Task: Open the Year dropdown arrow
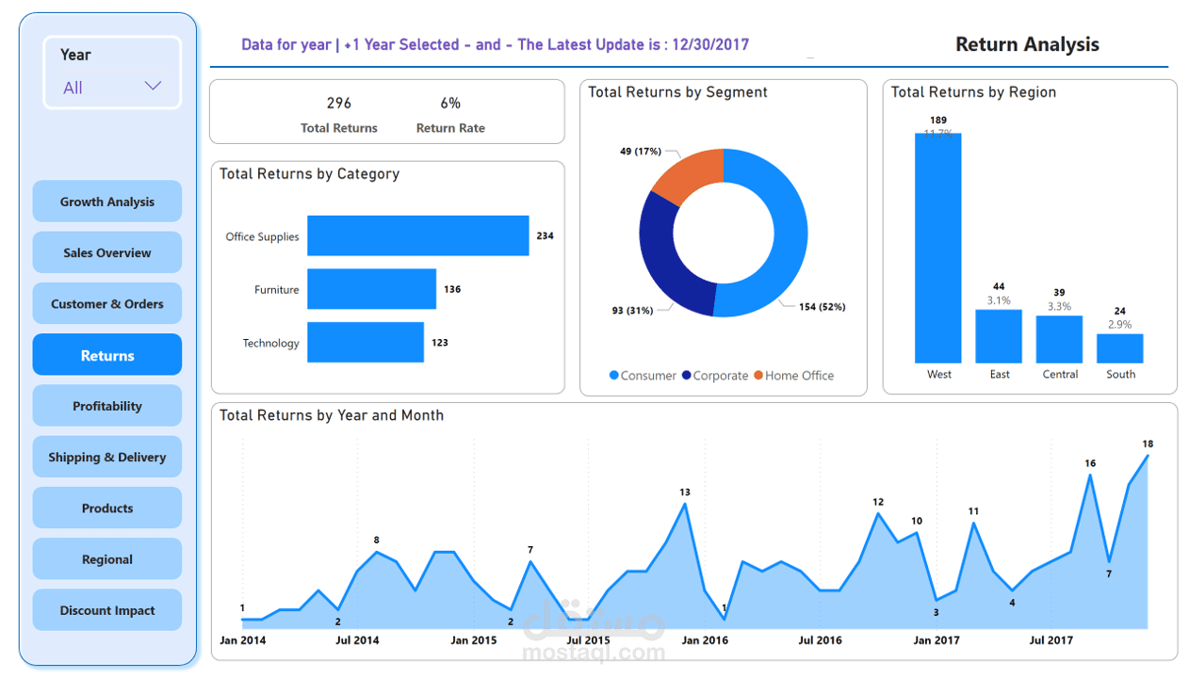(x=153, y=87)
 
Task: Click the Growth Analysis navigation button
(x=107, y=202)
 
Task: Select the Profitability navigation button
(x=107, y=406)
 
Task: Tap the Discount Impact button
(x=107, y=610)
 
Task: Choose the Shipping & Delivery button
(x=107, y=457)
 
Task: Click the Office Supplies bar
(x=417, y=235)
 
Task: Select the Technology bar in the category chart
(x=366, y=342)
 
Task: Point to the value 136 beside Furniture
(x=452, y=289)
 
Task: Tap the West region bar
(x=937, y=248)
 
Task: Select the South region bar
(x=1119, y=348)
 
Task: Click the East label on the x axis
(x=1000, y=374)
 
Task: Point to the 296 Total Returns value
(x=339, y=103)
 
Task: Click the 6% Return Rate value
(x=450, y=103)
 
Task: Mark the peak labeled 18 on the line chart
(x=1148, y=456)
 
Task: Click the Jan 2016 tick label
(x=705, y=640)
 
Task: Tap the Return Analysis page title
(x=1027, y=44)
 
